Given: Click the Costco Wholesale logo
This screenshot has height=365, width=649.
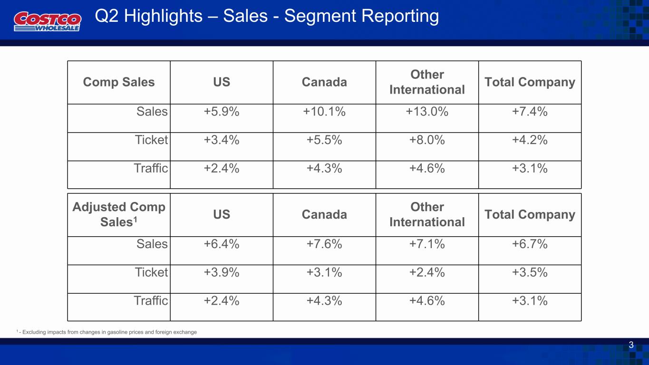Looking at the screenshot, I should [48, 21].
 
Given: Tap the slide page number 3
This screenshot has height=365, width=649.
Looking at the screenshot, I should [631, 345].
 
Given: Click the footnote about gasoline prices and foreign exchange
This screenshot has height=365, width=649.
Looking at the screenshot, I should [107, 332].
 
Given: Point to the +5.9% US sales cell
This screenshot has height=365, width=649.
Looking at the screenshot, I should [222, 112].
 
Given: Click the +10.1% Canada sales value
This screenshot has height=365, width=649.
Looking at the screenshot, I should [324, 112].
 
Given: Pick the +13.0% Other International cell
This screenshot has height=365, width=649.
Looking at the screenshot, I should [427, 112].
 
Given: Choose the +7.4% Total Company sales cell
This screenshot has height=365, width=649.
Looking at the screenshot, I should [530, 112].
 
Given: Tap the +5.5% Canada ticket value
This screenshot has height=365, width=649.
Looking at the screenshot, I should [324, 140].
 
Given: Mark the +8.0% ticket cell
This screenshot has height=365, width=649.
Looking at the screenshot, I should [427, 140].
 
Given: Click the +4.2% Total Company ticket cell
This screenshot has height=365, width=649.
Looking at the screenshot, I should [530, 140].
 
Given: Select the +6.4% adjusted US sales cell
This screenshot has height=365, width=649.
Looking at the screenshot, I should [222, 244].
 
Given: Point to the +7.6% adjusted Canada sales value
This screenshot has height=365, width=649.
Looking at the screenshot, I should [324, 244].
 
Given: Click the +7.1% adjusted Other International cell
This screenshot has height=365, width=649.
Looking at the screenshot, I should [427, 244].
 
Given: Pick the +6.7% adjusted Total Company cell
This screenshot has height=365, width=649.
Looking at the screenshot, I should [530, 244].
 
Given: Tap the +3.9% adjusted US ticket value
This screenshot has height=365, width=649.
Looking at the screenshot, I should [222, 273].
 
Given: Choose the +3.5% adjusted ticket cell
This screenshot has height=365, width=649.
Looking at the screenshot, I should [530, 273].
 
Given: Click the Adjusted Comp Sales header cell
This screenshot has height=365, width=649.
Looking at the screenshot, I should [119, 214].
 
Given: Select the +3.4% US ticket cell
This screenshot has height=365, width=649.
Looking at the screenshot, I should [222, 140].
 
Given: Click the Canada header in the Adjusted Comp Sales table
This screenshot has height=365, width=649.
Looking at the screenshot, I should [324, 214].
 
